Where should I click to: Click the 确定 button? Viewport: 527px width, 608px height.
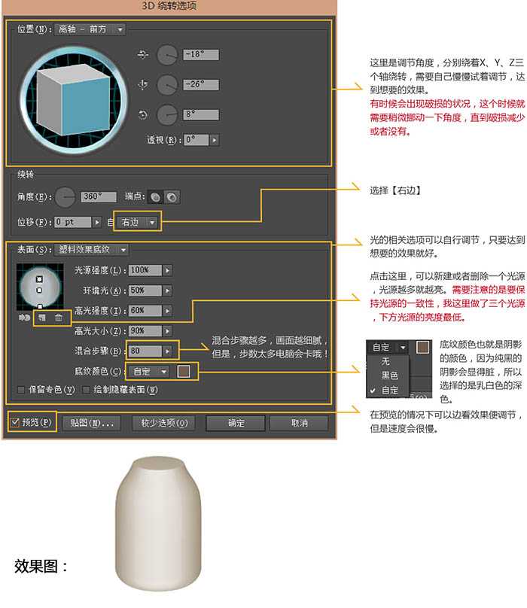236,423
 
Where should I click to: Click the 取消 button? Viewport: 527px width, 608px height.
298,423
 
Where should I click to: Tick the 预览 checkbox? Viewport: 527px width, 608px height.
16,423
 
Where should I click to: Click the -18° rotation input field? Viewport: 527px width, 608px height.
200,54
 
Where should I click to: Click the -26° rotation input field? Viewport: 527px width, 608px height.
200,84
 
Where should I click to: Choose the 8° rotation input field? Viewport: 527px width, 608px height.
200,115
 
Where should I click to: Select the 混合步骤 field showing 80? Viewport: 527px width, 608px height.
145,351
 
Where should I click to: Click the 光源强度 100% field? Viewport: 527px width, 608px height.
145,269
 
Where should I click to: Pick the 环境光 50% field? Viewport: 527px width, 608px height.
145,290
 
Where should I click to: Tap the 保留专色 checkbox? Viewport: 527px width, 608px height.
21,390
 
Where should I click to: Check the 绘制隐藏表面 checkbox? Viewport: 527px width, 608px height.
87,390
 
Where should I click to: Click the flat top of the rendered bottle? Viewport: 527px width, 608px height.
158,461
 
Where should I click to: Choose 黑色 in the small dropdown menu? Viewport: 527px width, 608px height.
389,375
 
